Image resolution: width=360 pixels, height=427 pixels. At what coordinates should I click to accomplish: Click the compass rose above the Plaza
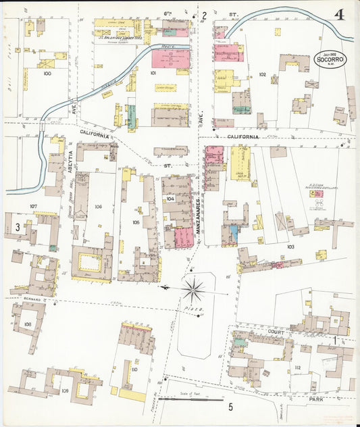[x=194, y=289]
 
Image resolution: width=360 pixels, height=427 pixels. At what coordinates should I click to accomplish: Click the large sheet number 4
[x=338, y=14]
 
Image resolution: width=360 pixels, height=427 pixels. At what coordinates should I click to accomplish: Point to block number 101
[x=153, y=72]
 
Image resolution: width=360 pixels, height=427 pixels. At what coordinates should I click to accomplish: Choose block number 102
[x=262, y=74]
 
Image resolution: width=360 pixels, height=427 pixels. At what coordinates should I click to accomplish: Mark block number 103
[x=290, y=247]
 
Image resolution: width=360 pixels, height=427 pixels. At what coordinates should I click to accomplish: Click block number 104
[x=170, y=199]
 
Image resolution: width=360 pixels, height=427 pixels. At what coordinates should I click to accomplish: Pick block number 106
[x=99, y=207]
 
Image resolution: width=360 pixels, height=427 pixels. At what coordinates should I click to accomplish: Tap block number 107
[x=33, y=205]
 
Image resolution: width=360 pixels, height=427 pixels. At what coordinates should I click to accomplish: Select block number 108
[x=28, y=324]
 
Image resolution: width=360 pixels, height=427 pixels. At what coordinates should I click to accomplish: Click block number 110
[x=134, y=370]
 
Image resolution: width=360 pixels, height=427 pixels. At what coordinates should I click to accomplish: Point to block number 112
[x=298, y=368]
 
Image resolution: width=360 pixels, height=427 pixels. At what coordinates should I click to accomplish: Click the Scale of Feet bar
[x=186, y=397]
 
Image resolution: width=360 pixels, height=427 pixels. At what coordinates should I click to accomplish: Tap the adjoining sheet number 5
[x=230, y=407]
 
